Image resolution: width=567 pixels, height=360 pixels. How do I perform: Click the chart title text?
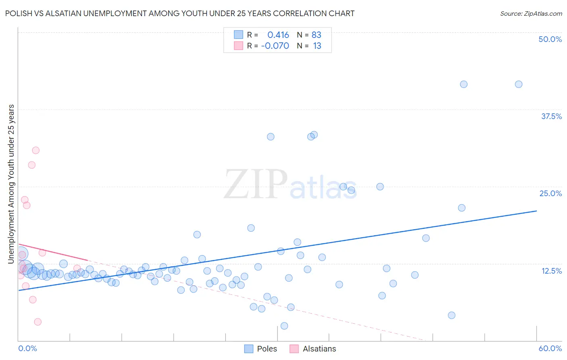point(180,13)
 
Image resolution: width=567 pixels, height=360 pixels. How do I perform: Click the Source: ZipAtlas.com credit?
point(531,13)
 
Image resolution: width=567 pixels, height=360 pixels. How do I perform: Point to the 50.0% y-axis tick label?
point(550,39)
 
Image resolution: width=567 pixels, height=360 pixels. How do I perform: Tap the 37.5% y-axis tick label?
point(551,116)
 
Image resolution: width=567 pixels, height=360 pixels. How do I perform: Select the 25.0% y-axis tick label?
point(550,193)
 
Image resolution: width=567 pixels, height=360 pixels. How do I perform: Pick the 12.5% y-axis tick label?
point(551,271)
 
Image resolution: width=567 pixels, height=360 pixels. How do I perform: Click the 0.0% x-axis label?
point(27,348)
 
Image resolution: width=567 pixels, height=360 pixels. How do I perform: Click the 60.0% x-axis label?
point(550,348)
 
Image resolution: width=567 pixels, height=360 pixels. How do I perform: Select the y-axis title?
point(11,184)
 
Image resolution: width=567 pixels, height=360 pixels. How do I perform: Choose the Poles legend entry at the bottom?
point(261,349)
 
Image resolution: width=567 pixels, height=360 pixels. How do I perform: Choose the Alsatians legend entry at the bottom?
point(313,349)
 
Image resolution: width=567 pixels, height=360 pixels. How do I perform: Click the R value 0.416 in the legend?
point(278,35)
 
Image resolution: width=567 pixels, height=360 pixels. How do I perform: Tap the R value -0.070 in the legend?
point(275,46)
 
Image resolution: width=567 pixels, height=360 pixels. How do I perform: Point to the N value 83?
point(316,35)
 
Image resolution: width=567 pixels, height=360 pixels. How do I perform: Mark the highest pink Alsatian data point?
point(36,150)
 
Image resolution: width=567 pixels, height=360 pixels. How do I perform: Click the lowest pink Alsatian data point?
point(38,322)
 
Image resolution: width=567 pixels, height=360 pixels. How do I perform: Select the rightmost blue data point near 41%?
point(519,84)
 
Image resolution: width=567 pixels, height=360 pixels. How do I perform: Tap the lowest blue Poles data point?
point(284,326)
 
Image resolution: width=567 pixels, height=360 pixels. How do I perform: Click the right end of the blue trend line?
point(536,211)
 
